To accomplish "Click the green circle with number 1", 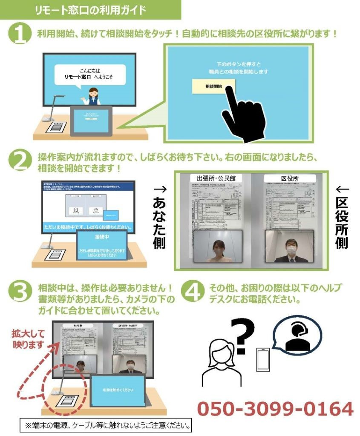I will pyautogui.click(x=20, y=34).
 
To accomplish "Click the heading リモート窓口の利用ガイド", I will pyautogui.click(x=90, y=9).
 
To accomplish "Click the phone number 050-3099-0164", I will pyautogui.click(x=275, y=409).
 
